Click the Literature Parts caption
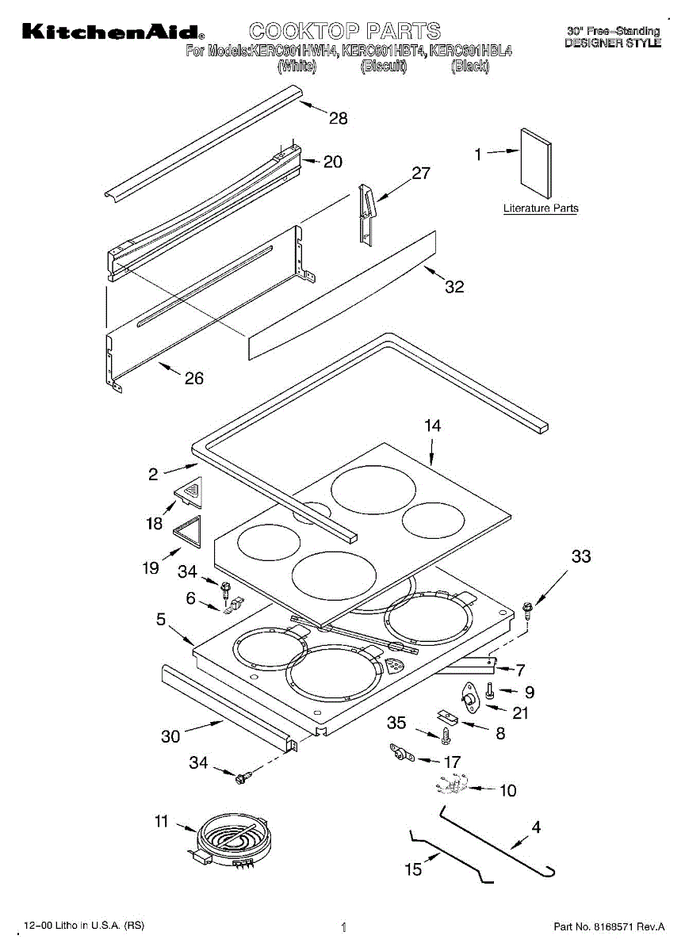(541, 208)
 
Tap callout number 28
(339, 119)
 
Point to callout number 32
(454, 287)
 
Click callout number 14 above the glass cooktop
(431, 426)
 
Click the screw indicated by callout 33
(529, 608)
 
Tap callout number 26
(193, 379)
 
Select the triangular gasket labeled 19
(187, 530)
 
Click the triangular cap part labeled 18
(189, 492)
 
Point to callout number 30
(170, 736)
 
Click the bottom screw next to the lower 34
(243, 778)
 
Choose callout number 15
(413, 869)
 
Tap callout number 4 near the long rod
(536, 827)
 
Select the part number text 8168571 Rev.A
(608, 926)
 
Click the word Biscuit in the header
(383, 67)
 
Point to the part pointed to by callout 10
(450, 788)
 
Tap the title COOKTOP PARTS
(345, 32)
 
